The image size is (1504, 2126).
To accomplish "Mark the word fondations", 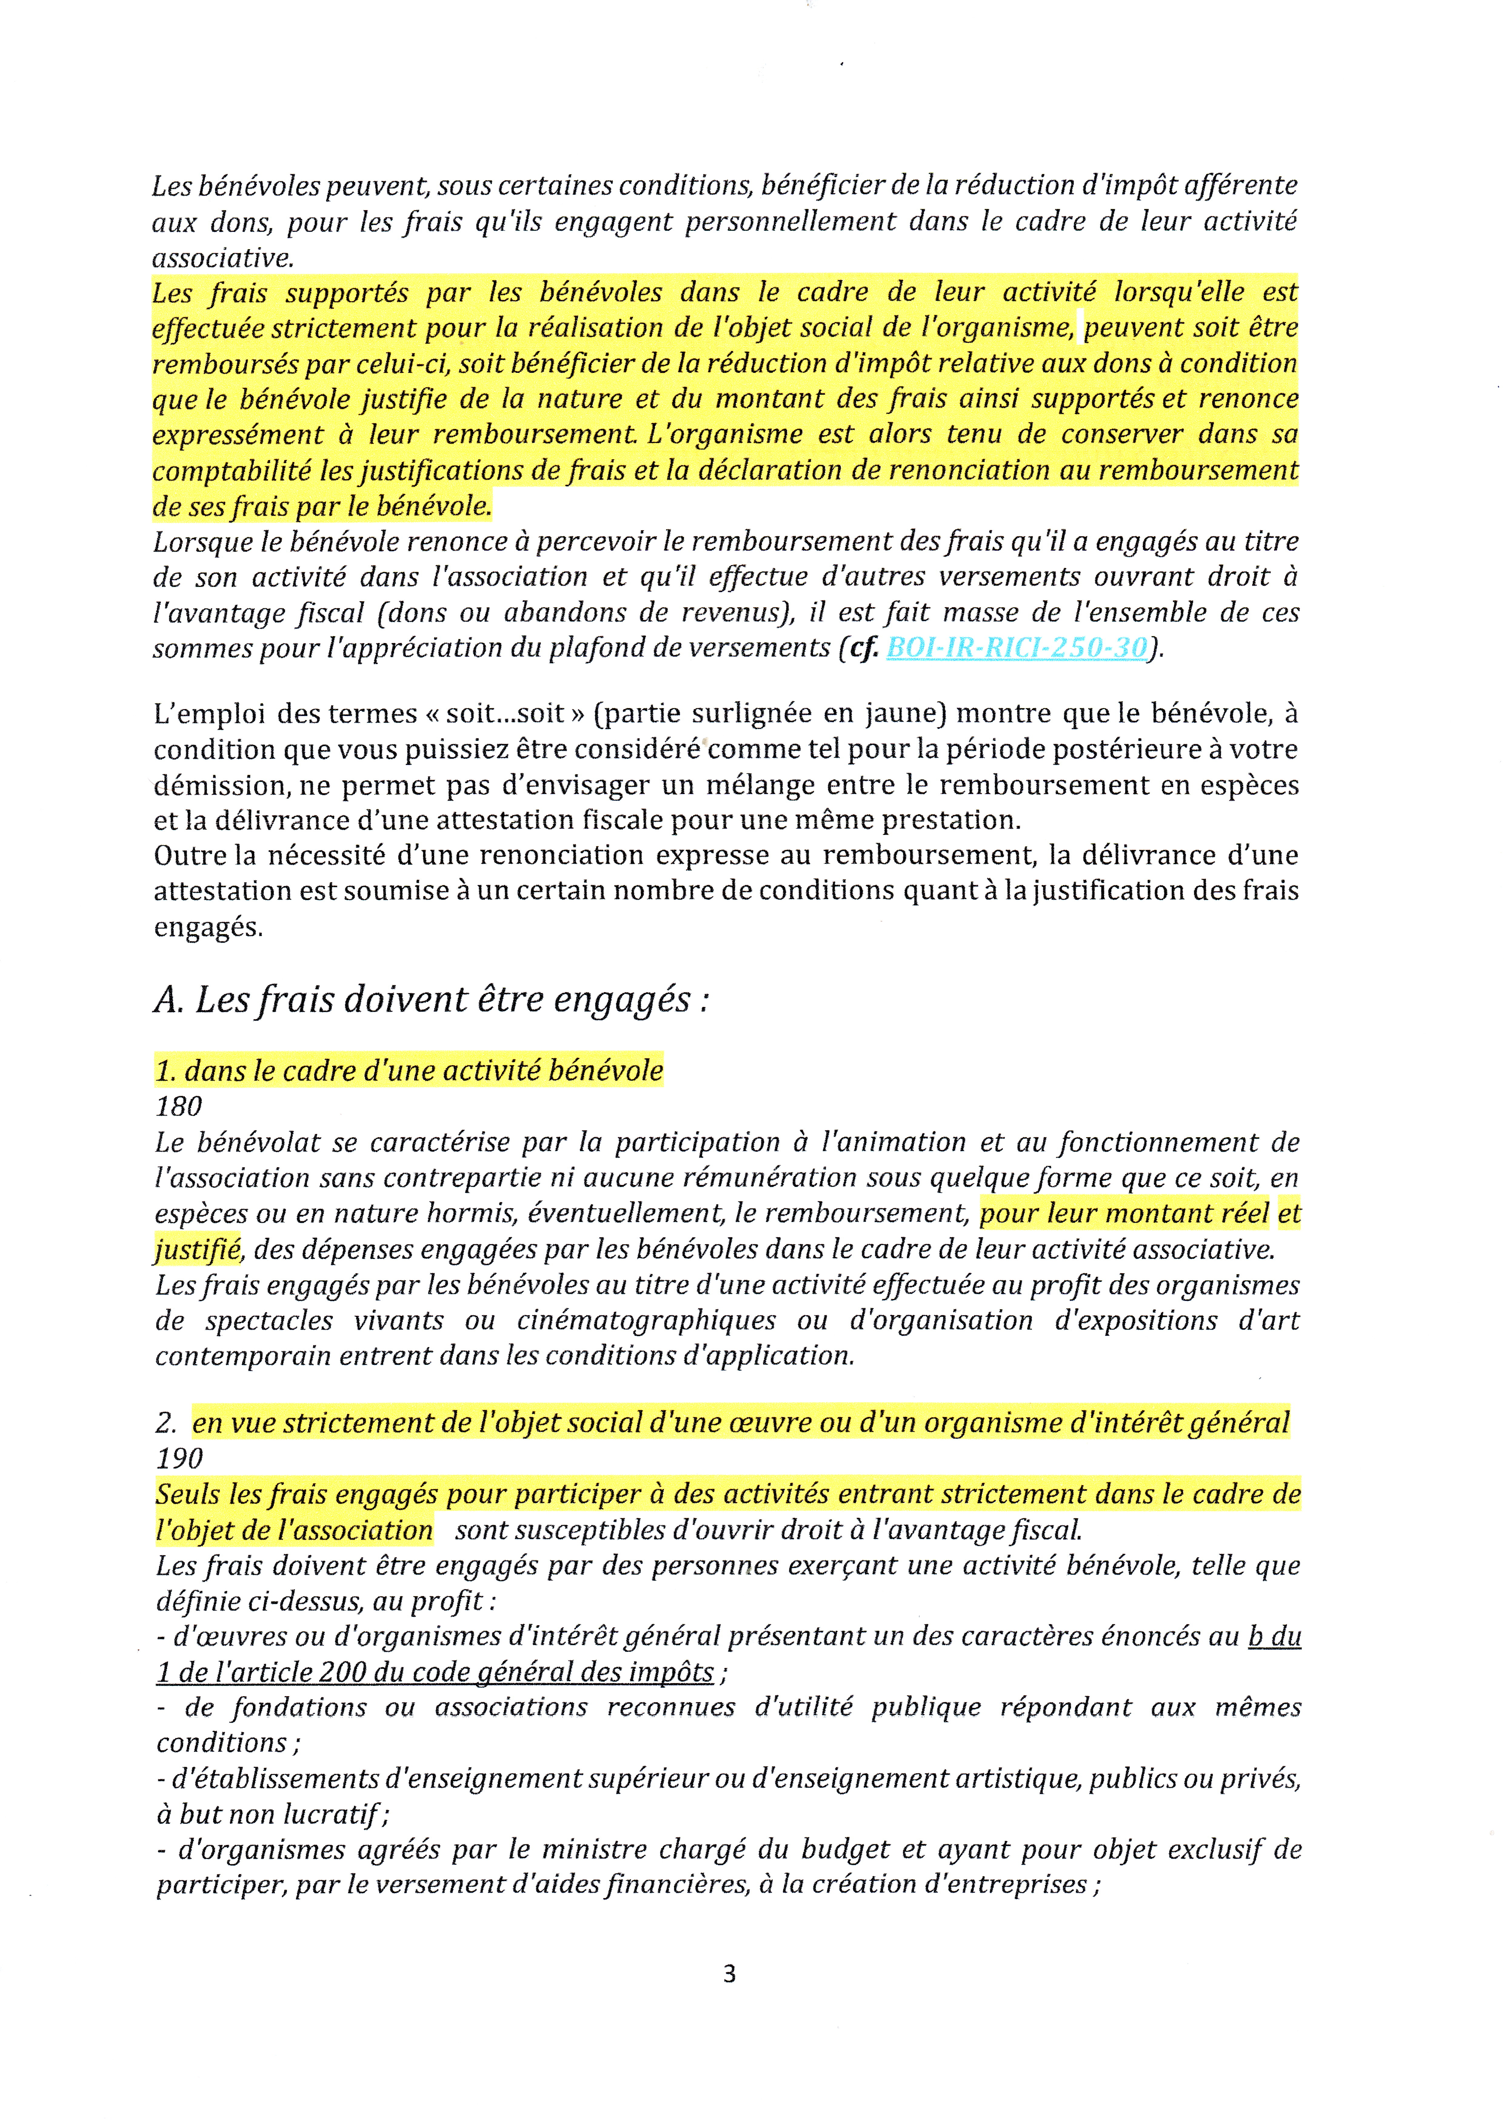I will click(298, 1707).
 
